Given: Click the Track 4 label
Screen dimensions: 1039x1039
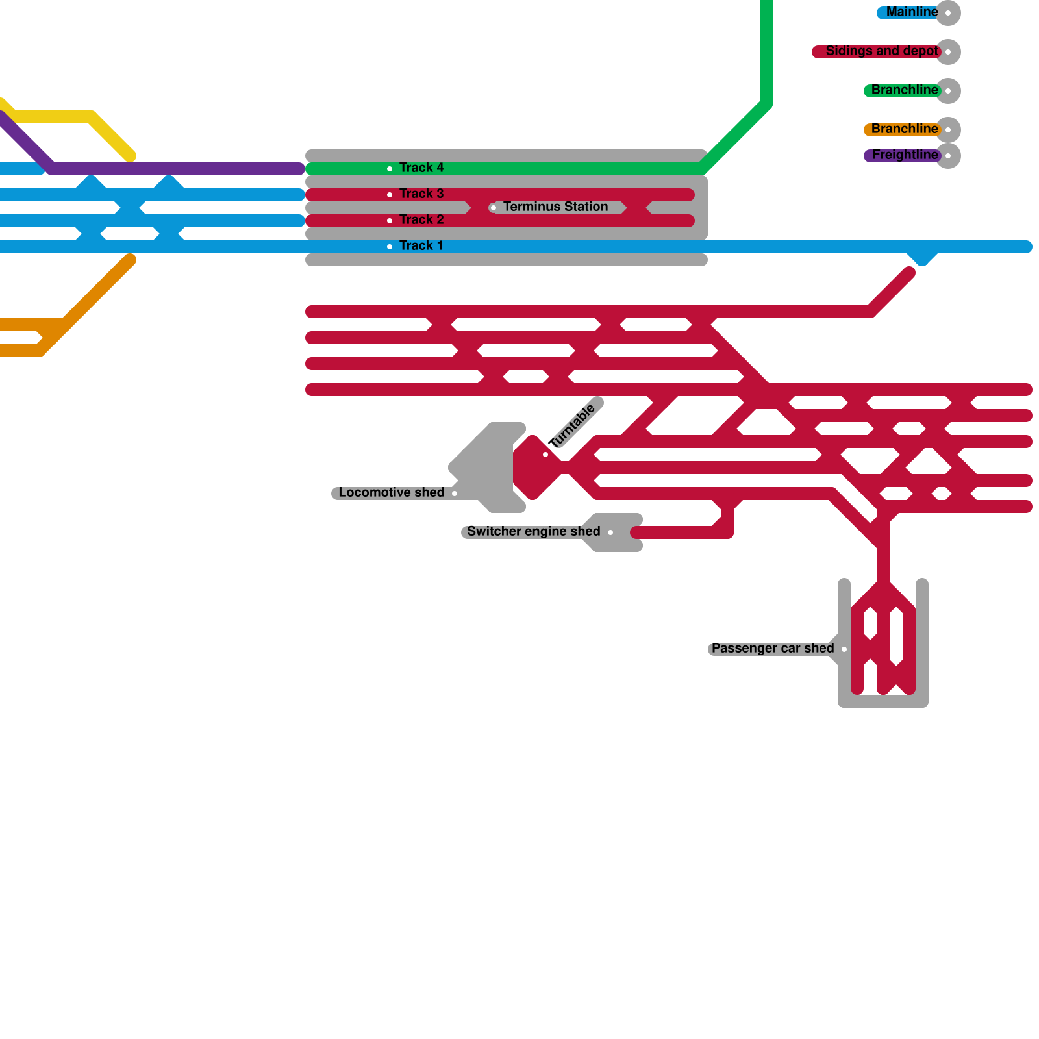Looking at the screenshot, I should pos(421,168).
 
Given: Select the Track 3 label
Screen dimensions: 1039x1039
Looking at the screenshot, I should pos(421,194).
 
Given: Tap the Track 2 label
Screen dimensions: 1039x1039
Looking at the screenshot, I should pos(421,220).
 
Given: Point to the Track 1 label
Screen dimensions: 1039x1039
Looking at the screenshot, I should pos(421,246).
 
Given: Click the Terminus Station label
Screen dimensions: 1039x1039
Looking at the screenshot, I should pos(555,207).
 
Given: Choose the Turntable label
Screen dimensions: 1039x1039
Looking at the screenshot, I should pos(572,426).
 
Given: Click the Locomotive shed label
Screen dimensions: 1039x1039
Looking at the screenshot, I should pos(391,493).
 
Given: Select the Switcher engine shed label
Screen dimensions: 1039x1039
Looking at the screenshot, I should pos(533,532).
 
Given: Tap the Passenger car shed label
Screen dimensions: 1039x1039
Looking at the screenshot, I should pos(772,649).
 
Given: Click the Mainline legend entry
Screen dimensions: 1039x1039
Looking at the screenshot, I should pos(912,12).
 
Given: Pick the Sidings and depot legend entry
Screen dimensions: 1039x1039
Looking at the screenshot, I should pos(881,51).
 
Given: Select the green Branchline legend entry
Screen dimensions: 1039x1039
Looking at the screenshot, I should pos(904,90).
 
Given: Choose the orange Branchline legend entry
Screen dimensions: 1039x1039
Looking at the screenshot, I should pos(904,129).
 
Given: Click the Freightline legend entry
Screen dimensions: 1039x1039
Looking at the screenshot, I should pos(905,155).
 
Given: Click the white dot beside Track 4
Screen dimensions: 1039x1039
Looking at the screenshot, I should pos(390,169).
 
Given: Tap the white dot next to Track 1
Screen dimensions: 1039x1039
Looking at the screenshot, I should pos(390,247).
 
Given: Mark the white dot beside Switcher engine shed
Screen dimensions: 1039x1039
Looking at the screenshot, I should pos(610,532).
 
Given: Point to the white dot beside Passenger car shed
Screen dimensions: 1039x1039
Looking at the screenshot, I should pos(844,649).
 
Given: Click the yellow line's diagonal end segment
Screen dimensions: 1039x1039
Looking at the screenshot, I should pos(112,136).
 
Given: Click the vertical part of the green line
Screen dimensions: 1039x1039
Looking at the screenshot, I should pos(766,52).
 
